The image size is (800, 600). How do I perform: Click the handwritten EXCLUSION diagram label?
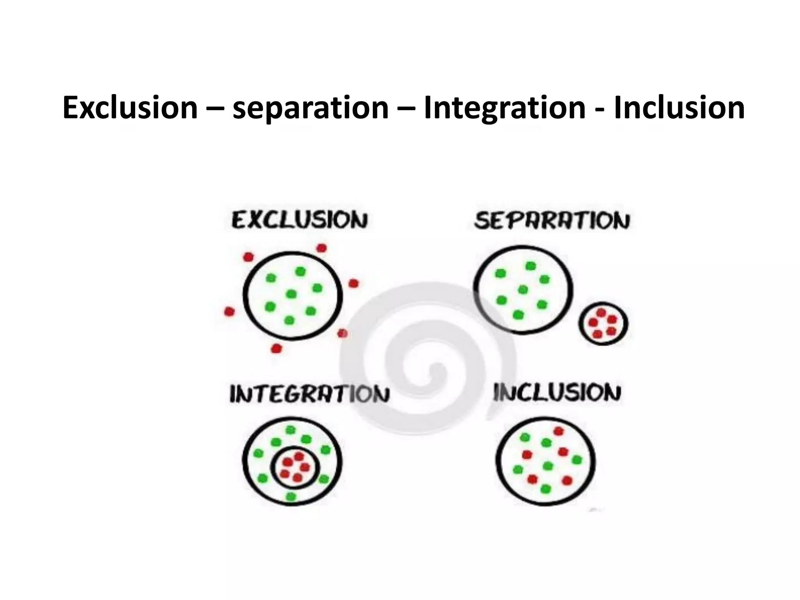tap(300, 220)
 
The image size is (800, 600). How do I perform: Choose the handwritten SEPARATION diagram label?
tap(552, 221)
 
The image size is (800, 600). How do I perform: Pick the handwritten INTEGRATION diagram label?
tap(309, 394)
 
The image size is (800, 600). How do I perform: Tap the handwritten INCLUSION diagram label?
tap(557, 393)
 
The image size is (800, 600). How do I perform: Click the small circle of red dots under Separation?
tap(603, 323)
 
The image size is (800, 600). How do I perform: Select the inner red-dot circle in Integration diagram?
tap(296, 467)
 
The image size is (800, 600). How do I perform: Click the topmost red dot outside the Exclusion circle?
tap(321, 248)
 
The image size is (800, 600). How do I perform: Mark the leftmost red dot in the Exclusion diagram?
tap(229, 311)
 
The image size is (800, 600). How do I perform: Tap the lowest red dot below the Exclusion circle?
tap(276, 348)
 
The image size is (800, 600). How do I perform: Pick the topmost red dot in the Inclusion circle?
tap(559, 431)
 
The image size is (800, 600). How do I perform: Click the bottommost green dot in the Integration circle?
tap(291, 496)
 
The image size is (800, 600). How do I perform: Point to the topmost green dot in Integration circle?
tap(290, 430)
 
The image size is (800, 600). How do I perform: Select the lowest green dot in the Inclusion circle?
tap(546, 489)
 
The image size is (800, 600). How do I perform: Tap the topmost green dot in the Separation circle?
tap(530, 266)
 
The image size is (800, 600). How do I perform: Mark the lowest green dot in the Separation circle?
tap(518, 314)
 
